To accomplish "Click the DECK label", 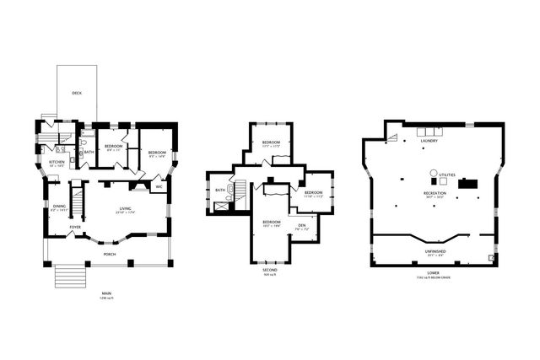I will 77,93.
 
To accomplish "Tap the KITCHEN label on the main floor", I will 57,162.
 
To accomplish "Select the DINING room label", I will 59,207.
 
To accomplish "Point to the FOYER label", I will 75,227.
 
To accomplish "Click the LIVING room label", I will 125,208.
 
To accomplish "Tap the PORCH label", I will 110,253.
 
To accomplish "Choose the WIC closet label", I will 158,186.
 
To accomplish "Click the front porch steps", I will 71,277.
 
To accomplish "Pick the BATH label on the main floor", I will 89,152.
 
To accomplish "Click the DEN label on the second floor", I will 301,225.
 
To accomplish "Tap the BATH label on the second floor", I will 220,191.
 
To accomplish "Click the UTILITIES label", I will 447,175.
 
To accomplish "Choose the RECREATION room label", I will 435,193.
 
